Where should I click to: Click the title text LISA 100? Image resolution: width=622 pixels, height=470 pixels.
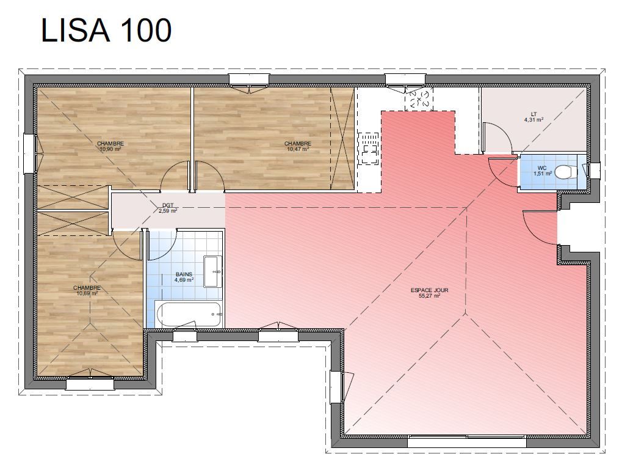click(106, 30)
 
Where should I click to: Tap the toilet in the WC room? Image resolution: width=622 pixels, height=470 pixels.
click(565, 172)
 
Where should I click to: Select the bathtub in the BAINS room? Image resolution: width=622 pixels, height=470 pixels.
click(189, 314)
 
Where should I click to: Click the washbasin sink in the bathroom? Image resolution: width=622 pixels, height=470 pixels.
click(212, 271)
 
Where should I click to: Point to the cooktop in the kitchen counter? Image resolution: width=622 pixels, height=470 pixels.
click(369, 149)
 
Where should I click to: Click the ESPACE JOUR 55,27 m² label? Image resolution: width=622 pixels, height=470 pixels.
click(429, 293)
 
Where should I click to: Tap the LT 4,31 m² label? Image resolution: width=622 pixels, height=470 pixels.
click(533, 117)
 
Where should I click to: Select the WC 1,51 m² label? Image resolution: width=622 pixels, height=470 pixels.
click(542, 171)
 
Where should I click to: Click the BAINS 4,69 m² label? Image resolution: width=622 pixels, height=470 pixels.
click(184, 277)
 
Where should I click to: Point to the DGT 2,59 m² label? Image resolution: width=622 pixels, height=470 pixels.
click(168, 208)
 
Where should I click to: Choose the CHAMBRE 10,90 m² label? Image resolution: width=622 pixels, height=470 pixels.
click(110, 146)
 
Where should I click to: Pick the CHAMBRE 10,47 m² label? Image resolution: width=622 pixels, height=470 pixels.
click(297, 146)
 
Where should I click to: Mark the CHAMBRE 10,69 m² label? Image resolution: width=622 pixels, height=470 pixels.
click(87, 290)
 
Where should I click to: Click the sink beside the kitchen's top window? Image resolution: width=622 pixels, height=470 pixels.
click(419, 100)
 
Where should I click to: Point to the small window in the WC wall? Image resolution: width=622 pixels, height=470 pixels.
click(593, 171)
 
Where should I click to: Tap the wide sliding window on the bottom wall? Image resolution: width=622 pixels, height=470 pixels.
click(467, 441)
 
